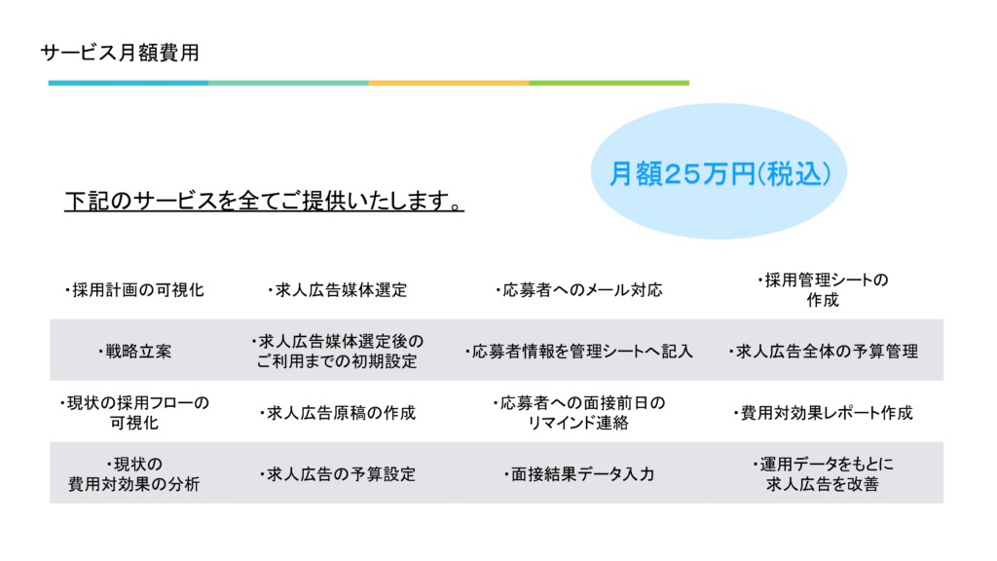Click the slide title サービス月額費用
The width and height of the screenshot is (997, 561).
pyautogui.click(x=120, y=53)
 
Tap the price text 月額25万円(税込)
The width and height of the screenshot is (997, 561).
pyautogui.click(x=720, y=173)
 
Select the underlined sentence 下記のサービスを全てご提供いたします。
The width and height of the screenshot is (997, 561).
pyautogui.click(x=264, y=201)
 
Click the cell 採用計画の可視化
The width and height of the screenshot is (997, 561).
pyautogui.click(x=134, y=290)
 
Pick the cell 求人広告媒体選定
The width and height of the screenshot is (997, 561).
pyautogui.click(x=337, y=290)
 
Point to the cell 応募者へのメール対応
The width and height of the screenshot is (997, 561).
pyautogui.click(x=578, y=290)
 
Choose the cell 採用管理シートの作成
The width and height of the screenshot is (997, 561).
pyautogui.click(x=823, y=290)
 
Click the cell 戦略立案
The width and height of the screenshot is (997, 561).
pyautogui.click(x=134, y=351)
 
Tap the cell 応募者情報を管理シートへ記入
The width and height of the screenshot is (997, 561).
pyautogui.click(x=578, y=351)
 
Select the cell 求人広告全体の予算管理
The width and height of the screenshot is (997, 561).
pyautogui.click(x=824, y=351)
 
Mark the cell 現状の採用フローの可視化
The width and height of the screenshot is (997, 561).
pyautogui.click(x=134, y=413)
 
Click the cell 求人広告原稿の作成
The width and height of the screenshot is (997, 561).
pyautogui.click(x=338, y=413)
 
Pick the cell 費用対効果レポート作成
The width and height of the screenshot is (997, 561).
pyautogui.click(x=824, y=413)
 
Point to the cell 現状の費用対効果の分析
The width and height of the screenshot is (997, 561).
pyautogui.click(x=134, y=474)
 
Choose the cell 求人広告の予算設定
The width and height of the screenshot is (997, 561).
pyautogui.click(x=338, y=474)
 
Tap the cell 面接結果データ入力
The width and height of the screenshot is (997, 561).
pyautogui.click(x=579, y=474)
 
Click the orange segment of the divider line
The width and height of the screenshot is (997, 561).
pyautogui.click(x=449, y=83)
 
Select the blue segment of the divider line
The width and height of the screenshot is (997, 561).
pyautogui.click(x=129, y=83)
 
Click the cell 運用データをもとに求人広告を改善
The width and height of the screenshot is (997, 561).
pyautogui.click(x=823, y=474)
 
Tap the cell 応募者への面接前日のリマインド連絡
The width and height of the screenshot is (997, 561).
pyautogui.click(x=578, y=413)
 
